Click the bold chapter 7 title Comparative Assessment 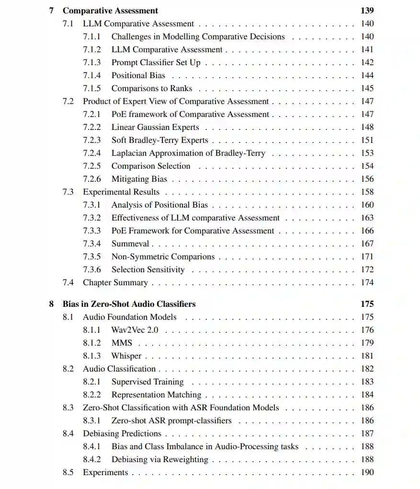tap(110, 11)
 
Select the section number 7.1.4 tap(92, 75)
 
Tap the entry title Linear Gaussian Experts tap(155, 127)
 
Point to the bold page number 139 tap(367, 11)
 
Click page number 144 tap(367, 75)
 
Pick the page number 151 tap(367, 140)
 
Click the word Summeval tap(130, 244)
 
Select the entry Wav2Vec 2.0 tap(135, 330)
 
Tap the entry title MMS tap(122, 343)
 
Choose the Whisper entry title tap(126, 356)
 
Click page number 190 tap(367, 472)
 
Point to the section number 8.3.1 tap(92, 420)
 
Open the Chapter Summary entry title tap(115, 282)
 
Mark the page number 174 tap(367, 282)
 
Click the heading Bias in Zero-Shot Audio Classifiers tap(129, 304)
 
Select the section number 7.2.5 tap(92, 166)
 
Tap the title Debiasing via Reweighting tap(160, 459)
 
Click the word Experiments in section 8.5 tap(105, 472)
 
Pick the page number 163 tap(367, 218)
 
